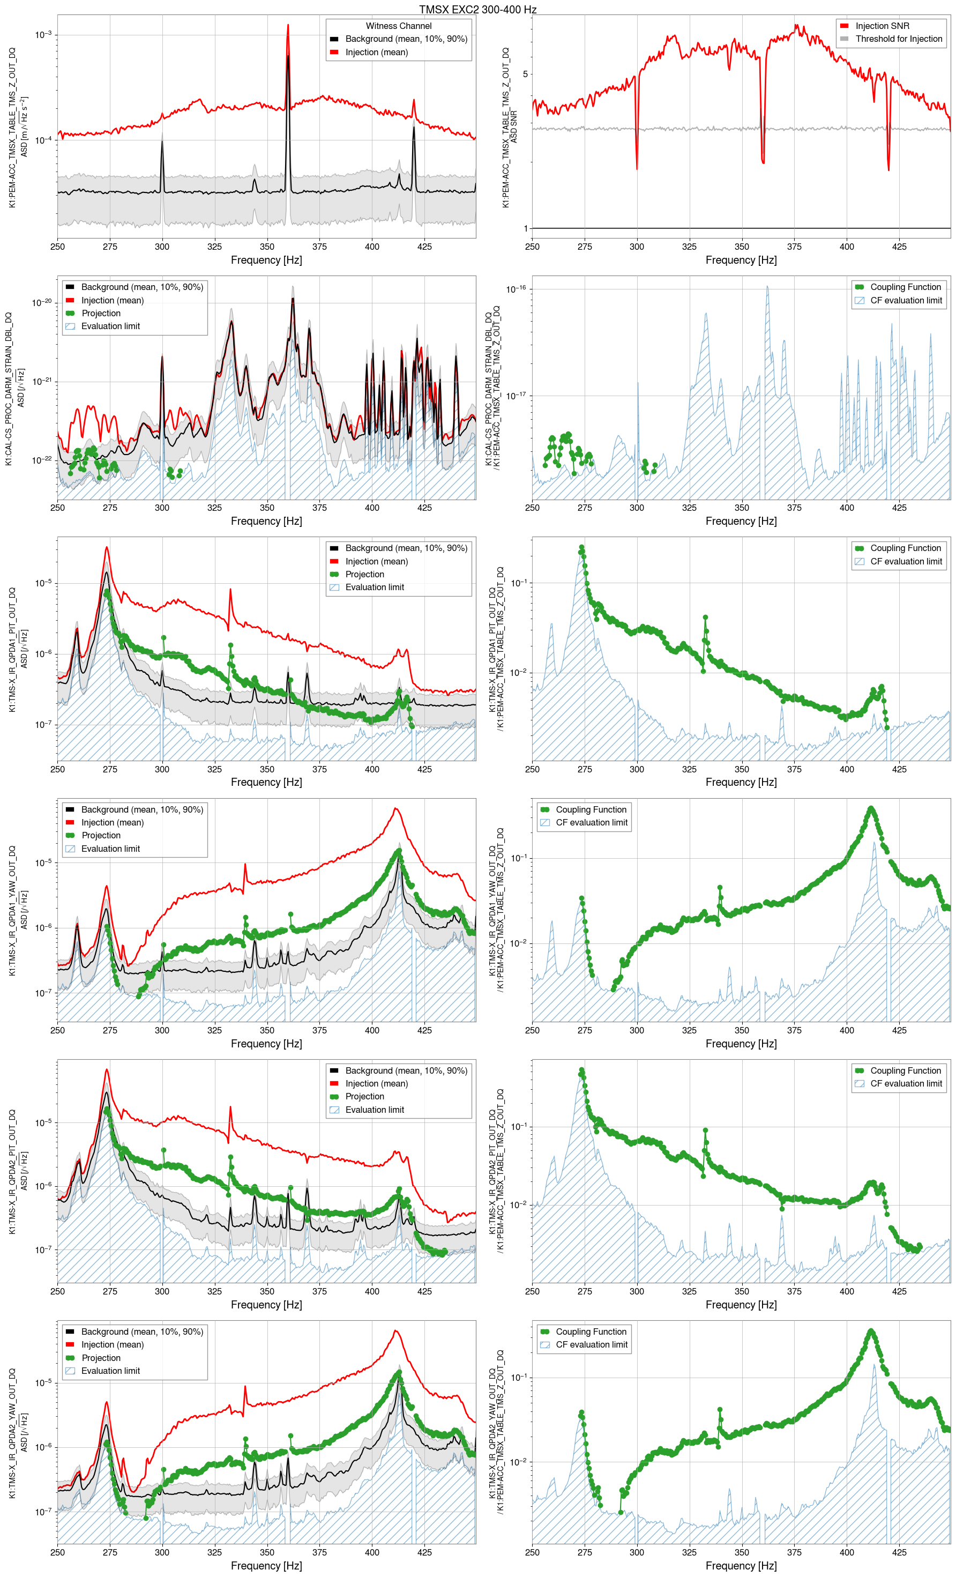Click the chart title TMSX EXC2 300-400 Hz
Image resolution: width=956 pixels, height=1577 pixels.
477,10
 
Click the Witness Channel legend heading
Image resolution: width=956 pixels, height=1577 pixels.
398,26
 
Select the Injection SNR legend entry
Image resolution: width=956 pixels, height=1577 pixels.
882,26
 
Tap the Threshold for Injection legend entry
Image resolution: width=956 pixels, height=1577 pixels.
899,39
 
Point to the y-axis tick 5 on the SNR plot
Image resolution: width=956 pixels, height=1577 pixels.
525,75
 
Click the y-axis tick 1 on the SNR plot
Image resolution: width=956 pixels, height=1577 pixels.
525,228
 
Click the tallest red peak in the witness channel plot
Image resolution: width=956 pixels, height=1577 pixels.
288,26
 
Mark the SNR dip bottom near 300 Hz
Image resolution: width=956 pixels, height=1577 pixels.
637,168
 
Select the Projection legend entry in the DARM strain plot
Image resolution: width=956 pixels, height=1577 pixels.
100,314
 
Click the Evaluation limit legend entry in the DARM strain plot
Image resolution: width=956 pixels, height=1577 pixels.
110,326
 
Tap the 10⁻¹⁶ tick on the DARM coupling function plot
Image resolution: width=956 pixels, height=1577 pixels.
516,289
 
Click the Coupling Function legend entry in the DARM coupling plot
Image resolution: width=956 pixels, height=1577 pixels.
905,287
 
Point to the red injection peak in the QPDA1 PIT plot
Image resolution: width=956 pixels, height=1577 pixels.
107,548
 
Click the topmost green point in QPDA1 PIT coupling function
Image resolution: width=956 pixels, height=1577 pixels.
581,548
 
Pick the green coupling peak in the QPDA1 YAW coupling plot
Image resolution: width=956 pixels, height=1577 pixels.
871,809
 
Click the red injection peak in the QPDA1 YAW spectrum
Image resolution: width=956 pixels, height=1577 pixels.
396,809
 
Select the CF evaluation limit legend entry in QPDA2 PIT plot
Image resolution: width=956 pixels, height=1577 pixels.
906,1083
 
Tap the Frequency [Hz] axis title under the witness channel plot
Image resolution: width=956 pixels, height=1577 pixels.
266,260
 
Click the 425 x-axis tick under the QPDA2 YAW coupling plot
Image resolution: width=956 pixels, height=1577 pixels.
899,1552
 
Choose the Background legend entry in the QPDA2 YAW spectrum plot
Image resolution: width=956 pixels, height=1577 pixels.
141,1331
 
